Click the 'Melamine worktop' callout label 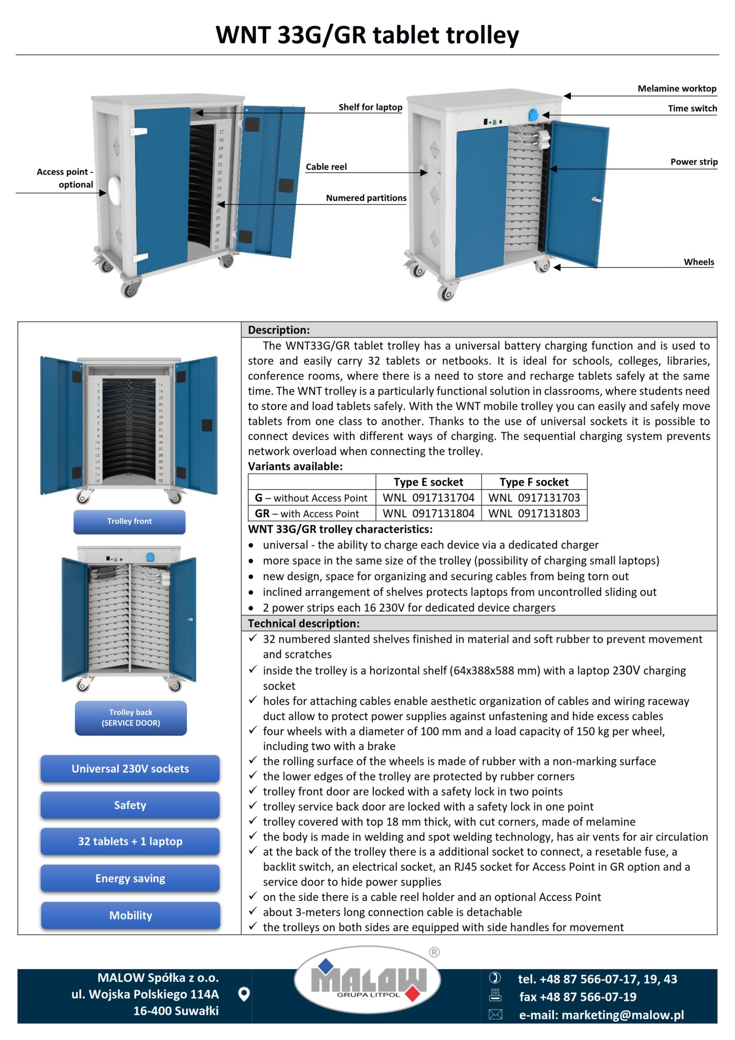676,89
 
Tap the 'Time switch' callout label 692,109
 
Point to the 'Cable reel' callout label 326,167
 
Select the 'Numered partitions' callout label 366,198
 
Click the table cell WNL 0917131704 428,498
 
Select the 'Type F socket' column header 534,482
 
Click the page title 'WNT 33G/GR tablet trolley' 367,35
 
